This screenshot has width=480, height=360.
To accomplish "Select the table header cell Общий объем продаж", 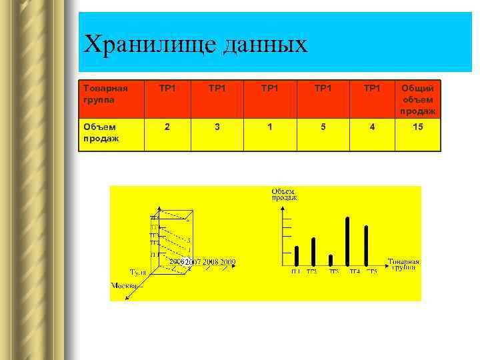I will pos(418,99).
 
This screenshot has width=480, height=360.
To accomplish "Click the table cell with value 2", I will pos(167,126).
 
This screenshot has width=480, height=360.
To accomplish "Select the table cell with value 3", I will pos(218,126).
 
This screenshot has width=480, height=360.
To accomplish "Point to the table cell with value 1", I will pos(269,126).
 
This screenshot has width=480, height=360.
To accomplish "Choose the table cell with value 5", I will pos(321,126).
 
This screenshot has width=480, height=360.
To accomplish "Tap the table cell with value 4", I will pos(372,126).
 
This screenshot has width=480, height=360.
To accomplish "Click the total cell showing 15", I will pos(418,126).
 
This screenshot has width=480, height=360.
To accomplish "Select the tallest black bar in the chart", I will pos(347,241).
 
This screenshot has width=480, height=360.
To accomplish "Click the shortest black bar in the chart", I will pos(331,260).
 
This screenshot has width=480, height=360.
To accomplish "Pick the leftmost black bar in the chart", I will pos(297,256).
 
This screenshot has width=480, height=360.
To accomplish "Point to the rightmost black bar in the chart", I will pos(366,245).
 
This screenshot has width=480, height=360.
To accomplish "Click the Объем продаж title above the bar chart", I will pos(284,194).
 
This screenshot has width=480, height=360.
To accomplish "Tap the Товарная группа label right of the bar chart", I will pos(403,265).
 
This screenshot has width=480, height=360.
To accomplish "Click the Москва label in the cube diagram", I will pos(124,285).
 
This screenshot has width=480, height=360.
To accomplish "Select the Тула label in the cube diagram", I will pos(138,272).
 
